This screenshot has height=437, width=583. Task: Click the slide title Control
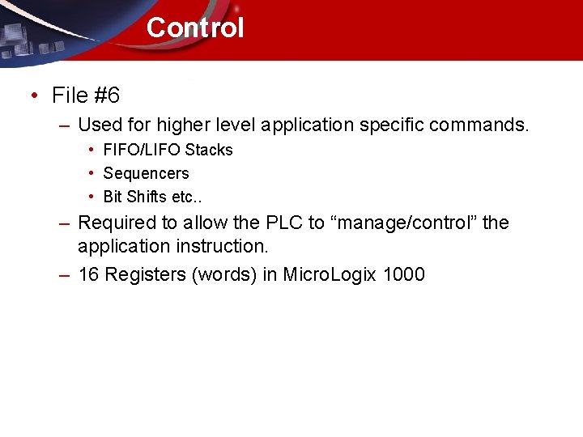tap(194, 28)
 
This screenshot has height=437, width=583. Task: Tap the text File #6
tap(86, 95)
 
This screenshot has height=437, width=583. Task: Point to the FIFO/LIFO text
tap(143, 150)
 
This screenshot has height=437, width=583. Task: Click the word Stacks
tap(209, 150)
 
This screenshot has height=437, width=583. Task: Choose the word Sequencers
tap(146, 173)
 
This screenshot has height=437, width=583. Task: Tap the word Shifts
tap(147, 197)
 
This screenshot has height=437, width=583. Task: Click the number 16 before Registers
tap(89, 274)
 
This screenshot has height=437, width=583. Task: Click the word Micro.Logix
tap(330, 274)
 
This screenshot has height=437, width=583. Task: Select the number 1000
tap(403, 274)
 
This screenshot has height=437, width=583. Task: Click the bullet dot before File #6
tap(33, 96)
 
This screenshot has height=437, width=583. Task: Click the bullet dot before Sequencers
tap(93, 173)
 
